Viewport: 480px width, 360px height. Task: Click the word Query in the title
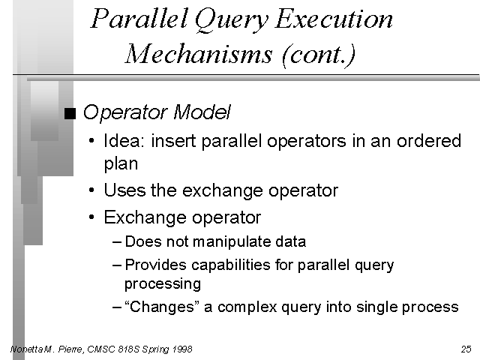point(231,20)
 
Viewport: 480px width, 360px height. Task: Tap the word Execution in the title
point(333,19)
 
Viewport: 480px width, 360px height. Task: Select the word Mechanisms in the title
point(198,54)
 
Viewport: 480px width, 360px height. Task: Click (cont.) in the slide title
point(318,55)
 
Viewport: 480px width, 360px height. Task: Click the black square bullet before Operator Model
point(70,113)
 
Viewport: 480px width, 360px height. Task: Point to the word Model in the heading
point(202,112)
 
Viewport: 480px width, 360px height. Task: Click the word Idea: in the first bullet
point(124,141)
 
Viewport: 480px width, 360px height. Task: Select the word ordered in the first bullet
point(429,141)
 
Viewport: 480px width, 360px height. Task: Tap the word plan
point(121,163)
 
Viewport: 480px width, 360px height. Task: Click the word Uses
point(124,190)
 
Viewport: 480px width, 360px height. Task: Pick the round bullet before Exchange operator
point(91,217)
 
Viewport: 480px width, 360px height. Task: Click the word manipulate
point(232,241)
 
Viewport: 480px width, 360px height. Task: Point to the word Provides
point(155,265)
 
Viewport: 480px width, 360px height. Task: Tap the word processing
point(163,284)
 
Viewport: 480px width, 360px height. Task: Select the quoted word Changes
point(162,307)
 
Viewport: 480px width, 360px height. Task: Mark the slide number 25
point(466,349)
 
